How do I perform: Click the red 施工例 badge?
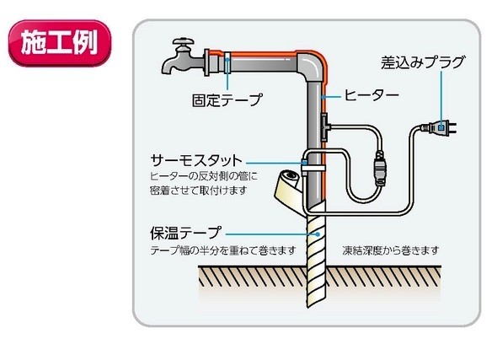tap(60, 43)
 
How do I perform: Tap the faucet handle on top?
tap(183, 41)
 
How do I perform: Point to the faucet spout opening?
tap(168, 72)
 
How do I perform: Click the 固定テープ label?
tap(227, 100)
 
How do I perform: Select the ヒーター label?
tap(371, 94)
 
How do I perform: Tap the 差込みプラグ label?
tap(423, 62)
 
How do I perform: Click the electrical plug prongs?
tap(452, 127)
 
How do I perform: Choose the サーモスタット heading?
tap(196, 160)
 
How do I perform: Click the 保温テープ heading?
tap(185, 234)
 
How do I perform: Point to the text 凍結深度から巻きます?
tap(391, 250)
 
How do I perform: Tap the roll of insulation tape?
tap(289, 188)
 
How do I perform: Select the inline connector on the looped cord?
tap(380, 169)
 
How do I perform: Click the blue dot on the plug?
tap(441, 127)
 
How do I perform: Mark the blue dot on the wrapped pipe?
tap(318, 234)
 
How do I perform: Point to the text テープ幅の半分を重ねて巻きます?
tap(223, 250)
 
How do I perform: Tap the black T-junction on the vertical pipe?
tap(325, 126)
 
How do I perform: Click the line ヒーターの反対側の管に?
tap(204, 176)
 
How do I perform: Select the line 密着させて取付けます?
tap(199, 191)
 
